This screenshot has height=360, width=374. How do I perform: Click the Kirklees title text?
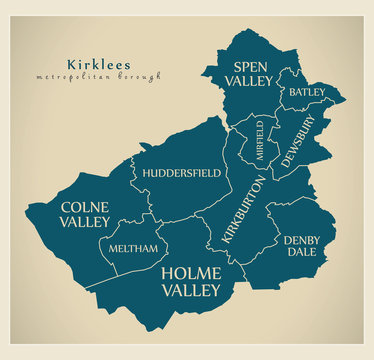pos(96,64)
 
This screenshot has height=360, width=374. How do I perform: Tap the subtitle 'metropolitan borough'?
pos(97,77)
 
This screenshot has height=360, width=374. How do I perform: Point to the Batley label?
pos(306,92)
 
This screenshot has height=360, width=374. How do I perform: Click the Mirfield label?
pos(260,140)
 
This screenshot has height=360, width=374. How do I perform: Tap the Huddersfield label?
pos(181,173)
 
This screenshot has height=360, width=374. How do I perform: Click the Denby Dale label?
pos(301,247)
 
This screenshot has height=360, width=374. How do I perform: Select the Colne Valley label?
pos(85,216)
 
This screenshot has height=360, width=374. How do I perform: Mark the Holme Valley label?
pos(190,280)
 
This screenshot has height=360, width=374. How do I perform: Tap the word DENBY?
pos(301,240)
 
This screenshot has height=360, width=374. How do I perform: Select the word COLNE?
pos(85,207)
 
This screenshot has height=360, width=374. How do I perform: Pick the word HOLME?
pos(190,271)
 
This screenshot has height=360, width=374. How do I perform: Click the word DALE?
pos(301,254)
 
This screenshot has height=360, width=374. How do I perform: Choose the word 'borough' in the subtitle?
pos(139,77)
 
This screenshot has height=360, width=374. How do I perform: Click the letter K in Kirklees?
pos(70,64)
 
